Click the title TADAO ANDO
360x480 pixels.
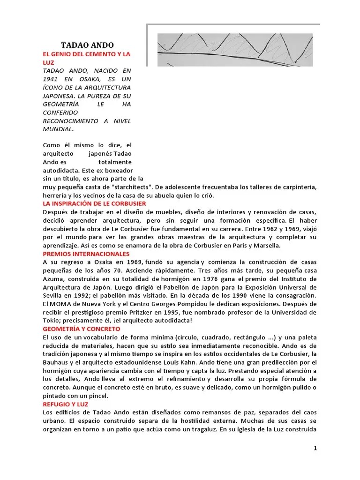point(87,45)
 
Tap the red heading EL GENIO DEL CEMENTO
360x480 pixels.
point(86,54)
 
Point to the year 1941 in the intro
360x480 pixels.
point(51,79)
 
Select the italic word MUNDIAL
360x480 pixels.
point(58,129)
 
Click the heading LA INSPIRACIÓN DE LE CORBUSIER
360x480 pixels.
point(94,203)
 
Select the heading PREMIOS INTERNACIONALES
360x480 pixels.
point(86,254)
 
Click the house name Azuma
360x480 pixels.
point(52,279)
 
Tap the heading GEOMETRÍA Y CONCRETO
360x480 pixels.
point(81,329)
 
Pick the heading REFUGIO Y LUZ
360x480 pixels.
point(65,404)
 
